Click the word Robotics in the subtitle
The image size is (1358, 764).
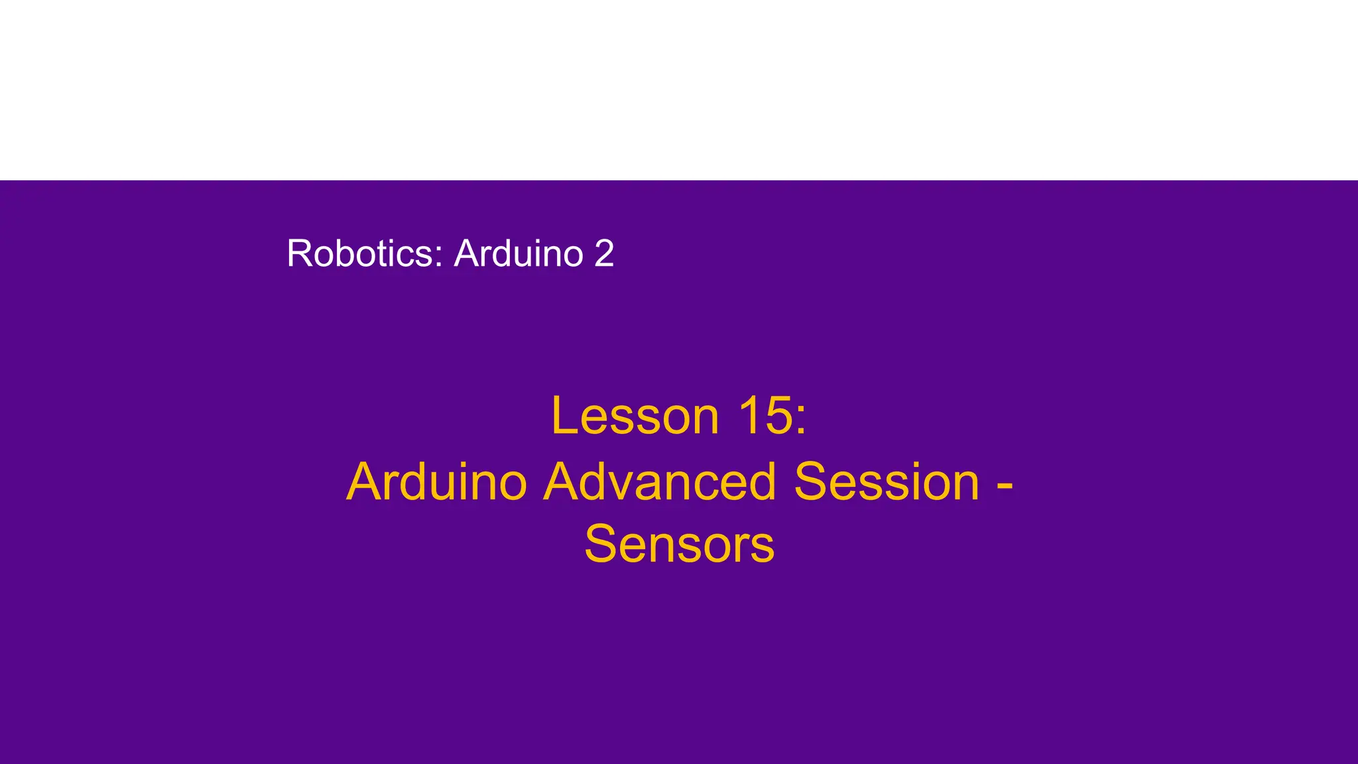(x=361, y=253)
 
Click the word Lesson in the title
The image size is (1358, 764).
(x=635, y=416)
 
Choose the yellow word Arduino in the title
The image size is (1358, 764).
(x=436, y=482)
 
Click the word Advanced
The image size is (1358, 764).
(x=659, y=482)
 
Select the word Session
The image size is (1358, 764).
(x=887, y=482)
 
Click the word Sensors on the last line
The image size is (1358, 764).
(x=679, y=544)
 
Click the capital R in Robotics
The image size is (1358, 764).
(x=298, y=253)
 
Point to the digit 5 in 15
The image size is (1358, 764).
(x=777, y=416)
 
